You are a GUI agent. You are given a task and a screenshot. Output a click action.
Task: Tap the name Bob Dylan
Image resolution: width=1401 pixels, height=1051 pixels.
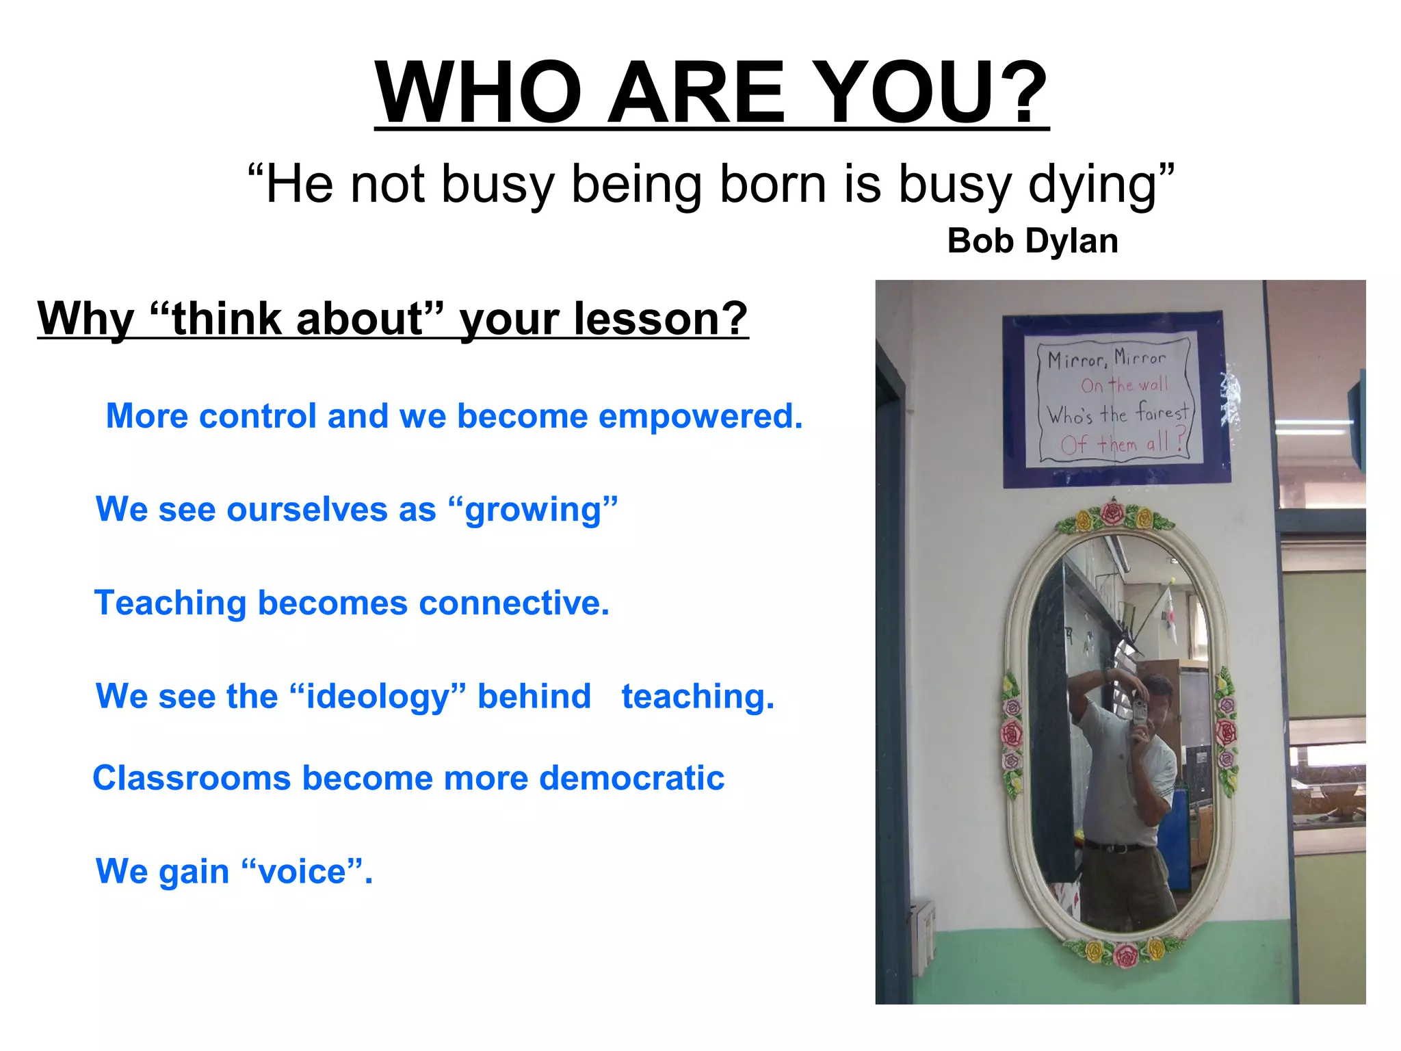pyautogui.click(x=1032, y=242)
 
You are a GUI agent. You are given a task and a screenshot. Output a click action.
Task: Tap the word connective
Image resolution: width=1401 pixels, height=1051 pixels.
pyautogui.click(x=513, y=604)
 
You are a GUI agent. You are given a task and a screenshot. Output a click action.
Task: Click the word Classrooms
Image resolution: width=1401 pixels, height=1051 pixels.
pyautogui.click(x=192, y=779)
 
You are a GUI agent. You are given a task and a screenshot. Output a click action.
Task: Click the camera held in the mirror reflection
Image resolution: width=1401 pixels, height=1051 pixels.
pyautogui.click(x=1139, y=712)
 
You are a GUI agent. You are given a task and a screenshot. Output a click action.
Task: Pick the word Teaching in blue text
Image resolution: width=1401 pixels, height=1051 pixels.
pyautogui.click(x=170, y=604)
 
